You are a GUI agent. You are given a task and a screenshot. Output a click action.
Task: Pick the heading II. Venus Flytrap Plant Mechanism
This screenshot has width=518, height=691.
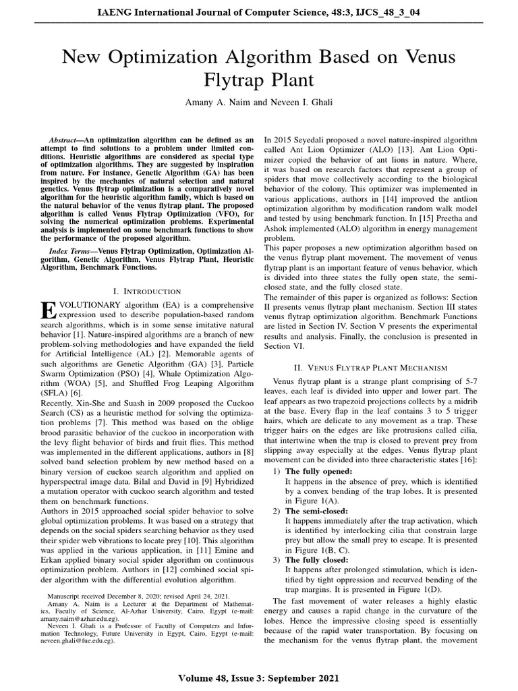pyautogui.click(x=372, y=368)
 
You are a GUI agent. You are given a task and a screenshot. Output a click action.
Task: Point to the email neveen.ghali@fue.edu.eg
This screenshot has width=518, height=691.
pyautogui.click(x=74, y=642)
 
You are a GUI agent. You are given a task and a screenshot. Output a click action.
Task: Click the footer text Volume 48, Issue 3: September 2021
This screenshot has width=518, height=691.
pyautogui.click(x=259, y=678)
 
